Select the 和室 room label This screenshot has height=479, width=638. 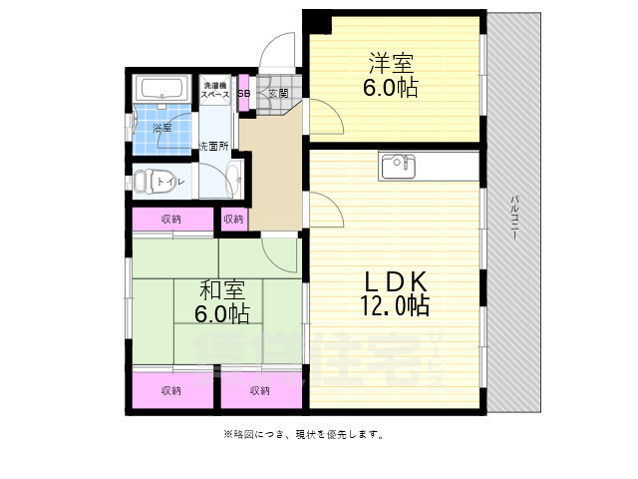click(x=222, y=291)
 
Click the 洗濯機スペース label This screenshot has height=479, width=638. click(x=216, y=90)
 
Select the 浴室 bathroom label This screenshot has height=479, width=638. click(x=161, y=128)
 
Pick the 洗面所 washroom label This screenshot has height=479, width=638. click(x=212, y=147)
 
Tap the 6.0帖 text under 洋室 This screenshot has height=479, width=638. click(x=390, y=88)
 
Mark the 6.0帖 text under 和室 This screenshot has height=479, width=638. click(x=222, y=313)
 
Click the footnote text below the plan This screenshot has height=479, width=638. click(x=303, y=434)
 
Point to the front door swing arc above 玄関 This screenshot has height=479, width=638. click(x=281, y=50)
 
